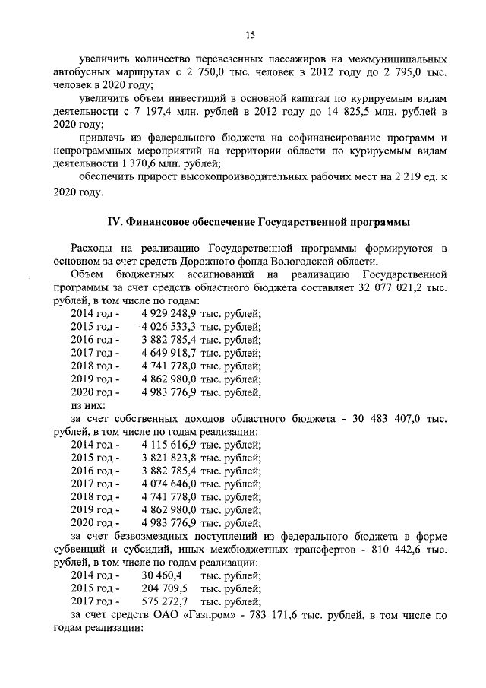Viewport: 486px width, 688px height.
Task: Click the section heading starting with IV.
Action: pyautogui.click(x=257, y=222)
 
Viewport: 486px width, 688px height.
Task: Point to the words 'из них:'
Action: pyautogui.click(x=88, y=405)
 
